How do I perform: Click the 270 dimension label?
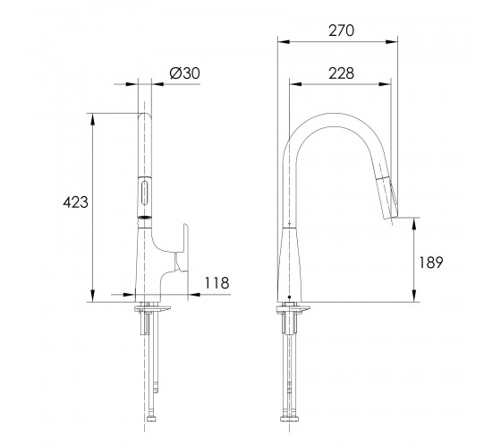(x=341, y=30)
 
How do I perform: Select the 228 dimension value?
(x=341, y=73)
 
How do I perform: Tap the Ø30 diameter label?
(x=184, y=73)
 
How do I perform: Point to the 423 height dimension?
(x=75, y=202)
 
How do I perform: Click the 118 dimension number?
(x=217, y=283)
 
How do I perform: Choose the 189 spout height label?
(x=431, y=263)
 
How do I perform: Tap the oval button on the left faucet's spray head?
(x=144, y=193)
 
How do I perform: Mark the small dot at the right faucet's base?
(x=290, y=297)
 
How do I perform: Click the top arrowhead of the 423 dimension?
(x=93, y=119)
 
